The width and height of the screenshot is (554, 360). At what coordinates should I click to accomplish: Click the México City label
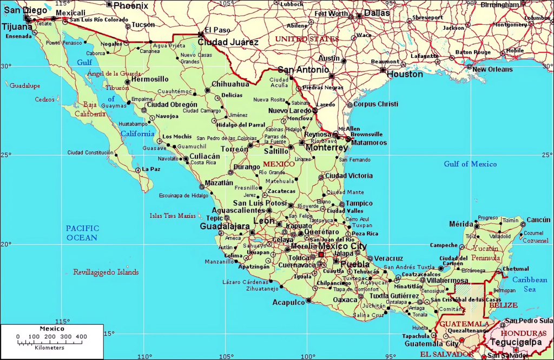coord(344,246)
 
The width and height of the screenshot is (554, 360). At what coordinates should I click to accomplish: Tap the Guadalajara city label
coord(225,226)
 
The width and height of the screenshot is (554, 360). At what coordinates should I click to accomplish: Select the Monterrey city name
coord(326,147)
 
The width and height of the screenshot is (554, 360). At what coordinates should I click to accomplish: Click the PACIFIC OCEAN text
coord(82,232)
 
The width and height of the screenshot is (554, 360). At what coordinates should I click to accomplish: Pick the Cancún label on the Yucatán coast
coord(538,219)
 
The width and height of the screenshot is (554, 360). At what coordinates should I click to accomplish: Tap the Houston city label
coord(405,74)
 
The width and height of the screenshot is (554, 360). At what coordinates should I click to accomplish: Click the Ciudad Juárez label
coord(228,42)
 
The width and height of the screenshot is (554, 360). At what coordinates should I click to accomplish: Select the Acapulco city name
coord(288,302)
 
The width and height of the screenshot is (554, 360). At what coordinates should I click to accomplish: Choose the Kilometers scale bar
coord(51,343)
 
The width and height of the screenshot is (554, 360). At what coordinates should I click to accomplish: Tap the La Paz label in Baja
coord(151,169)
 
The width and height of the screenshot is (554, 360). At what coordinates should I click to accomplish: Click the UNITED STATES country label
coord(307,39)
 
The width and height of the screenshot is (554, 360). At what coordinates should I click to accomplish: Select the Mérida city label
coord(460,224)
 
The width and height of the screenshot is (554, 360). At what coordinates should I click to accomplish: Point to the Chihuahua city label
coord(230,84)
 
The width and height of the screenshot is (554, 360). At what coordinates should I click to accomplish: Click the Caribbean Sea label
coord(530,284)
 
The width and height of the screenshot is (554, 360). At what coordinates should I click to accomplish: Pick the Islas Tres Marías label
coord(173,216)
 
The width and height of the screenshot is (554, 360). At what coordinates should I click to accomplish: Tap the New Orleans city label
coord(493,69)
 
